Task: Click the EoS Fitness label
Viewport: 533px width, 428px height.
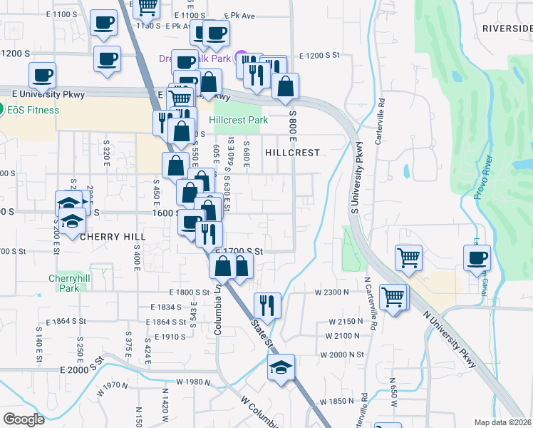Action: pyautogui.click(x=34, y=110)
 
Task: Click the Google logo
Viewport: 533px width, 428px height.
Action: pyautogui.click(x=24, y=419)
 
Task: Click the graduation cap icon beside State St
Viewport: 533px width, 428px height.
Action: pyautogui.click(x=281, y=368)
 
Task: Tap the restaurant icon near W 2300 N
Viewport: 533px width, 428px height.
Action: pyautogui.click(x=267, y=305)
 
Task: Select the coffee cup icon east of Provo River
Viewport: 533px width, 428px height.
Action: pyautogui.click(x=477, y=259)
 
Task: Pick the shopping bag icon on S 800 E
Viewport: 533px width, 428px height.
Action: pyautogui.click(x=285, y=87)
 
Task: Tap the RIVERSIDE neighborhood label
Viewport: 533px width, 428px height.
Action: pyautogui.click(x=507, y=29)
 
